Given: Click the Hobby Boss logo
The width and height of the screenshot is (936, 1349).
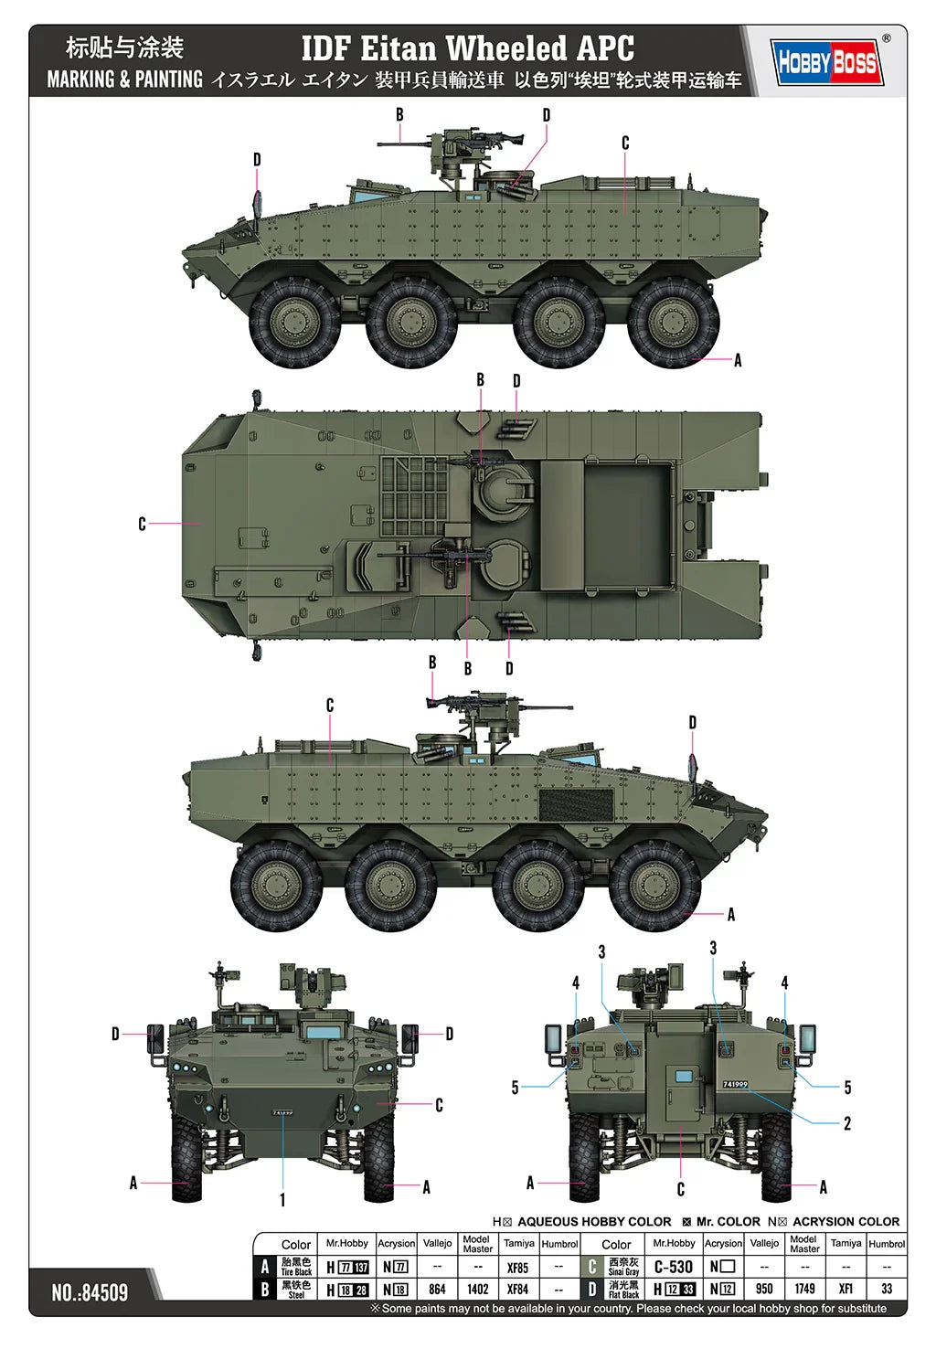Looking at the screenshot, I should click(827, 62).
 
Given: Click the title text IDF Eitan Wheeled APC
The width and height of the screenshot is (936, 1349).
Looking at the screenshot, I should click(468, 48).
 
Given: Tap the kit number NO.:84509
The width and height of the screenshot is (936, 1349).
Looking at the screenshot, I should click(90, 1292).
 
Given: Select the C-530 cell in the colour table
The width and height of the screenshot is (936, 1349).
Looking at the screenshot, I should click(674, 1267).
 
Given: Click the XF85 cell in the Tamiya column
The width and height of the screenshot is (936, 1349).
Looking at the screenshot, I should click(517, 1268).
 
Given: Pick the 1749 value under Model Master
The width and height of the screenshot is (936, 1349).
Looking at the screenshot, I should click(804, 1289).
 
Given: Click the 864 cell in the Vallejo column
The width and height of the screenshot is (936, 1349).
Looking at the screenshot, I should click(437, 1289).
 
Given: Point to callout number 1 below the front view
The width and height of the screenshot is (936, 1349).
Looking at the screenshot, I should click(282, 1199).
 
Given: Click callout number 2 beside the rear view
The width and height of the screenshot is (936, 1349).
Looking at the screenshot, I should click(846, 1123).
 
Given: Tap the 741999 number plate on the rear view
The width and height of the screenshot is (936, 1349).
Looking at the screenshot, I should click(735, 1084).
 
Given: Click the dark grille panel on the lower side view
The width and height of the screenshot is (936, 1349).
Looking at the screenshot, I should click(576, 803).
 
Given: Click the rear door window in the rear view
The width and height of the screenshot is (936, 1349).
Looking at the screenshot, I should click(684, 1077).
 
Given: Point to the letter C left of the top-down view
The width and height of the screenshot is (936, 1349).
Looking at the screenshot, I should click(142, 524).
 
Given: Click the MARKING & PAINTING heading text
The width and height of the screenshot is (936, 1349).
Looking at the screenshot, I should click(124, 80).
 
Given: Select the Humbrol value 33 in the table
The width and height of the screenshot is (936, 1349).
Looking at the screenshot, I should click(886, 1289).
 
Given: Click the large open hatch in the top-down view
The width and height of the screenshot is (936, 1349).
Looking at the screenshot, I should click(607, 524).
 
